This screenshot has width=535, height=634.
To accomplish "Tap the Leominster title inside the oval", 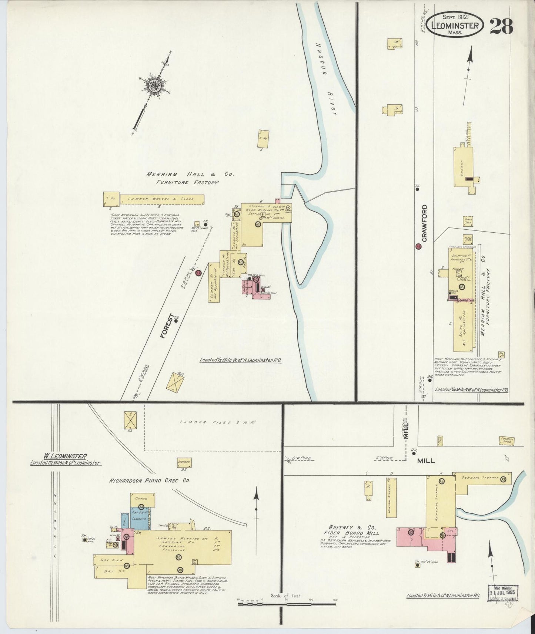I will coord(455,26).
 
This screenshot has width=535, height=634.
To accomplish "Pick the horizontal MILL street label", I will coord(426,461).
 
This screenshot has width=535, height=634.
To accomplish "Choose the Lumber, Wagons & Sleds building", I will coord(161,199).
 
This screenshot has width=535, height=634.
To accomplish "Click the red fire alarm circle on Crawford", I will coord(418,247).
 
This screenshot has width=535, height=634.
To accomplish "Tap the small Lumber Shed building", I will coord(506,440).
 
